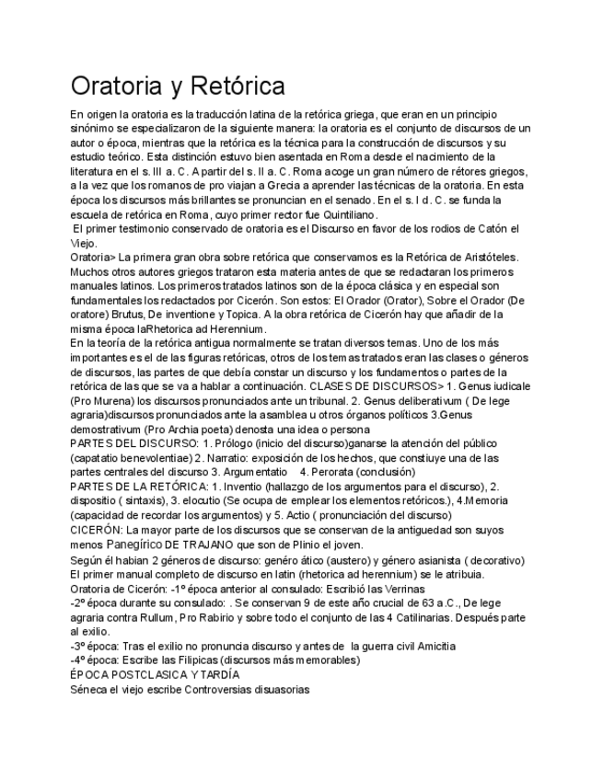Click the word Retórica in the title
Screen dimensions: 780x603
(238, 86)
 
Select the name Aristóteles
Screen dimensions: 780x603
(484, 258)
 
